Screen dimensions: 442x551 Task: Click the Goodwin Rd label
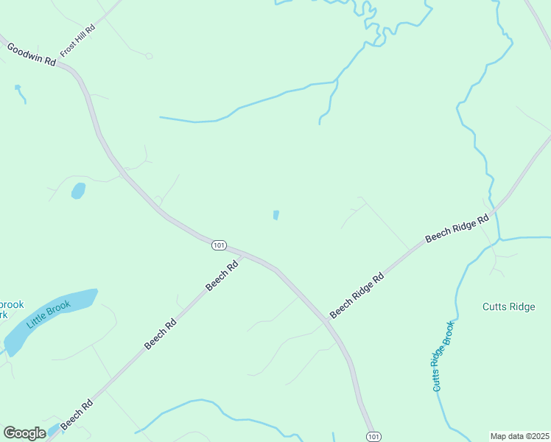tap(32, 55)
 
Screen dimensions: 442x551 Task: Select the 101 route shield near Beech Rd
tap(219, 245)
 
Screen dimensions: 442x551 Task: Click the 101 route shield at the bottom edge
tap(373, 436)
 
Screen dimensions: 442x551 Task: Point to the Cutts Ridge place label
tap(508, 307)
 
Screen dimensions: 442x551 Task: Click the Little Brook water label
tap(49, 315)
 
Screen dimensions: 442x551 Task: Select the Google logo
tap(24, 433)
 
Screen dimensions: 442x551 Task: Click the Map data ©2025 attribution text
tap(519, 436)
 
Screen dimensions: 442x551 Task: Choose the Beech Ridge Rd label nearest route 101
tap(357, 297)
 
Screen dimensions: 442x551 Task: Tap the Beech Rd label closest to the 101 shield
tap(222, 275)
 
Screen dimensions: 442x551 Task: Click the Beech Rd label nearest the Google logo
tap(77, 415)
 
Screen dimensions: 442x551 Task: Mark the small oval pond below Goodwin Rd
tap(77, 191)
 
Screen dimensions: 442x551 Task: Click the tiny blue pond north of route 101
tap(276, 215)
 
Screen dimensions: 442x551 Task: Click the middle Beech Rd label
tap(161, 333)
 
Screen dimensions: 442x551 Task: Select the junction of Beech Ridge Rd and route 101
tap(326, 322)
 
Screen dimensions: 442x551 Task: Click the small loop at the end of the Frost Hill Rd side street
tap(149, 56)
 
